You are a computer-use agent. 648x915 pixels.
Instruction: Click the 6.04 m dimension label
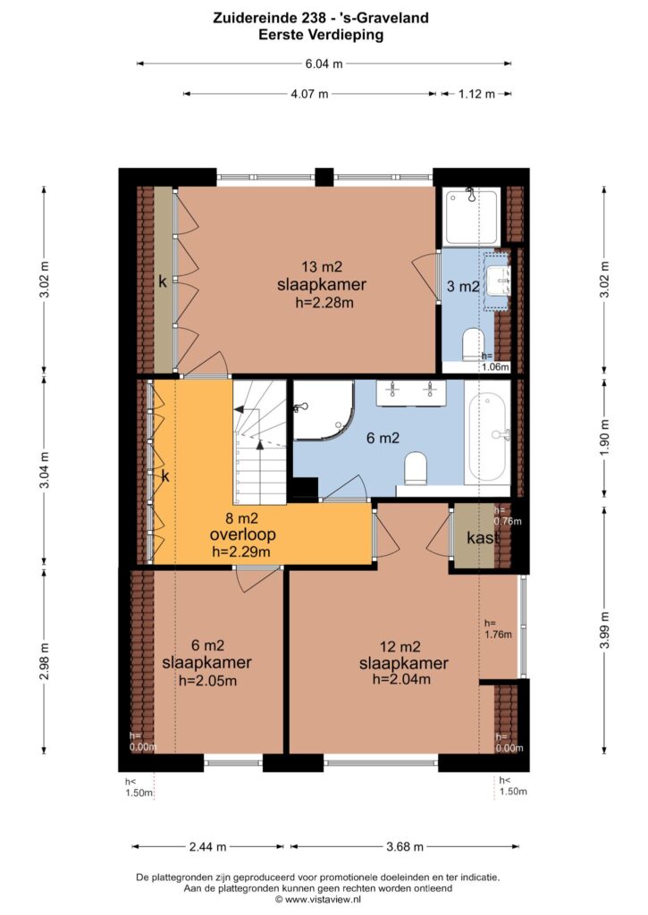click(x=324, y=64)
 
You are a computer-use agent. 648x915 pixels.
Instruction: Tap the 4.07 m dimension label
click(x=309, y=94)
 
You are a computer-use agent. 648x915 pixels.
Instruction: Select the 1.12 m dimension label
click(x=476, y=94)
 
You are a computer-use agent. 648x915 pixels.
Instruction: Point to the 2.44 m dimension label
click(x=208, y=847)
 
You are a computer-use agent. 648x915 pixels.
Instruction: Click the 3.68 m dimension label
click(x=405, y=847)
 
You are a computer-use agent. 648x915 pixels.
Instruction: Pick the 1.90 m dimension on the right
click(x=605, y=437)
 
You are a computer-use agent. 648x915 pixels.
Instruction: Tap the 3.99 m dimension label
click(x=605, y=630)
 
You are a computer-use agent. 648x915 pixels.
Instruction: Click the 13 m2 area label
click(x=322, y=267)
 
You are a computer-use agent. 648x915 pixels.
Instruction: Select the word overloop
click(x=243, y=534)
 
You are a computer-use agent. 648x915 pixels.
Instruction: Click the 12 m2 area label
click(x=400, y=647)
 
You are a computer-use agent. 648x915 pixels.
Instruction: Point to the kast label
click(x=483, y=537)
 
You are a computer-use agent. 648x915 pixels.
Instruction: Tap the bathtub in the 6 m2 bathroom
click(x=489, y=434)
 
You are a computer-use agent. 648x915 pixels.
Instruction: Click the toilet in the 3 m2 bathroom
click(x=474, y=345)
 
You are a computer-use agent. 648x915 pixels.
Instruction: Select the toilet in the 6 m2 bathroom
click(x=417, y=468)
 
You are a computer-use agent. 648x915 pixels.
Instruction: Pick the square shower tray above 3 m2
click(x=472, y=216)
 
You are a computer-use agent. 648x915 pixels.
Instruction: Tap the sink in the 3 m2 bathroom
click(x=498, y=281)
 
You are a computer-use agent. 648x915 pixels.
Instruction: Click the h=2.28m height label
click(x=324, y=302)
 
